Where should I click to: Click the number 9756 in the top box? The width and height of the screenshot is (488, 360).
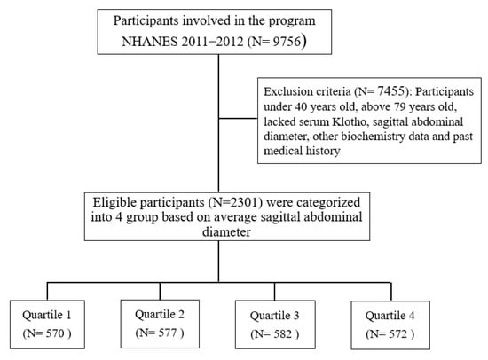tap(287, 42)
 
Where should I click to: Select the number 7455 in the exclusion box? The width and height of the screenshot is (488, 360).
tap(390, 91)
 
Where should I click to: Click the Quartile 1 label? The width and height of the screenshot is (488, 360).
tap(47, 315)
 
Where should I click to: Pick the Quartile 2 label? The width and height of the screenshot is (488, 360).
tap(160, 314)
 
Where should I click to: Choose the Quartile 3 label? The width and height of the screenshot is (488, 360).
tap(274, 316)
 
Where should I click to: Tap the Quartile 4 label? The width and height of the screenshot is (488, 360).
tap(390, 316)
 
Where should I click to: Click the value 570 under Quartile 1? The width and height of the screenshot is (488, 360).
tap(55, 333)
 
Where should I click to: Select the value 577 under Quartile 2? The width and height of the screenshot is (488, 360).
tap(168, 333)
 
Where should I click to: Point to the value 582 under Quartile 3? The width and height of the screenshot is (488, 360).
tap(283, 334)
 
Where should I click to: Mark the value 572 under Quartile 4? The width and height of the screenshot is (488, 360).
tap(398, 334)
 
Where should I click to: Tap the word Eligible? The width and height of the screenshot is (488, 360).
tap(114, 202)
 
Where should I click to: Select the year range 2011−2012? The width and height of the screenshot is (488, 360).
tap(212, 42)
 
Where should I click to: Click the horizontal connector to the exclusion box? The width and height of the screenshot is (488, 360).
tap(238, 118)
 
